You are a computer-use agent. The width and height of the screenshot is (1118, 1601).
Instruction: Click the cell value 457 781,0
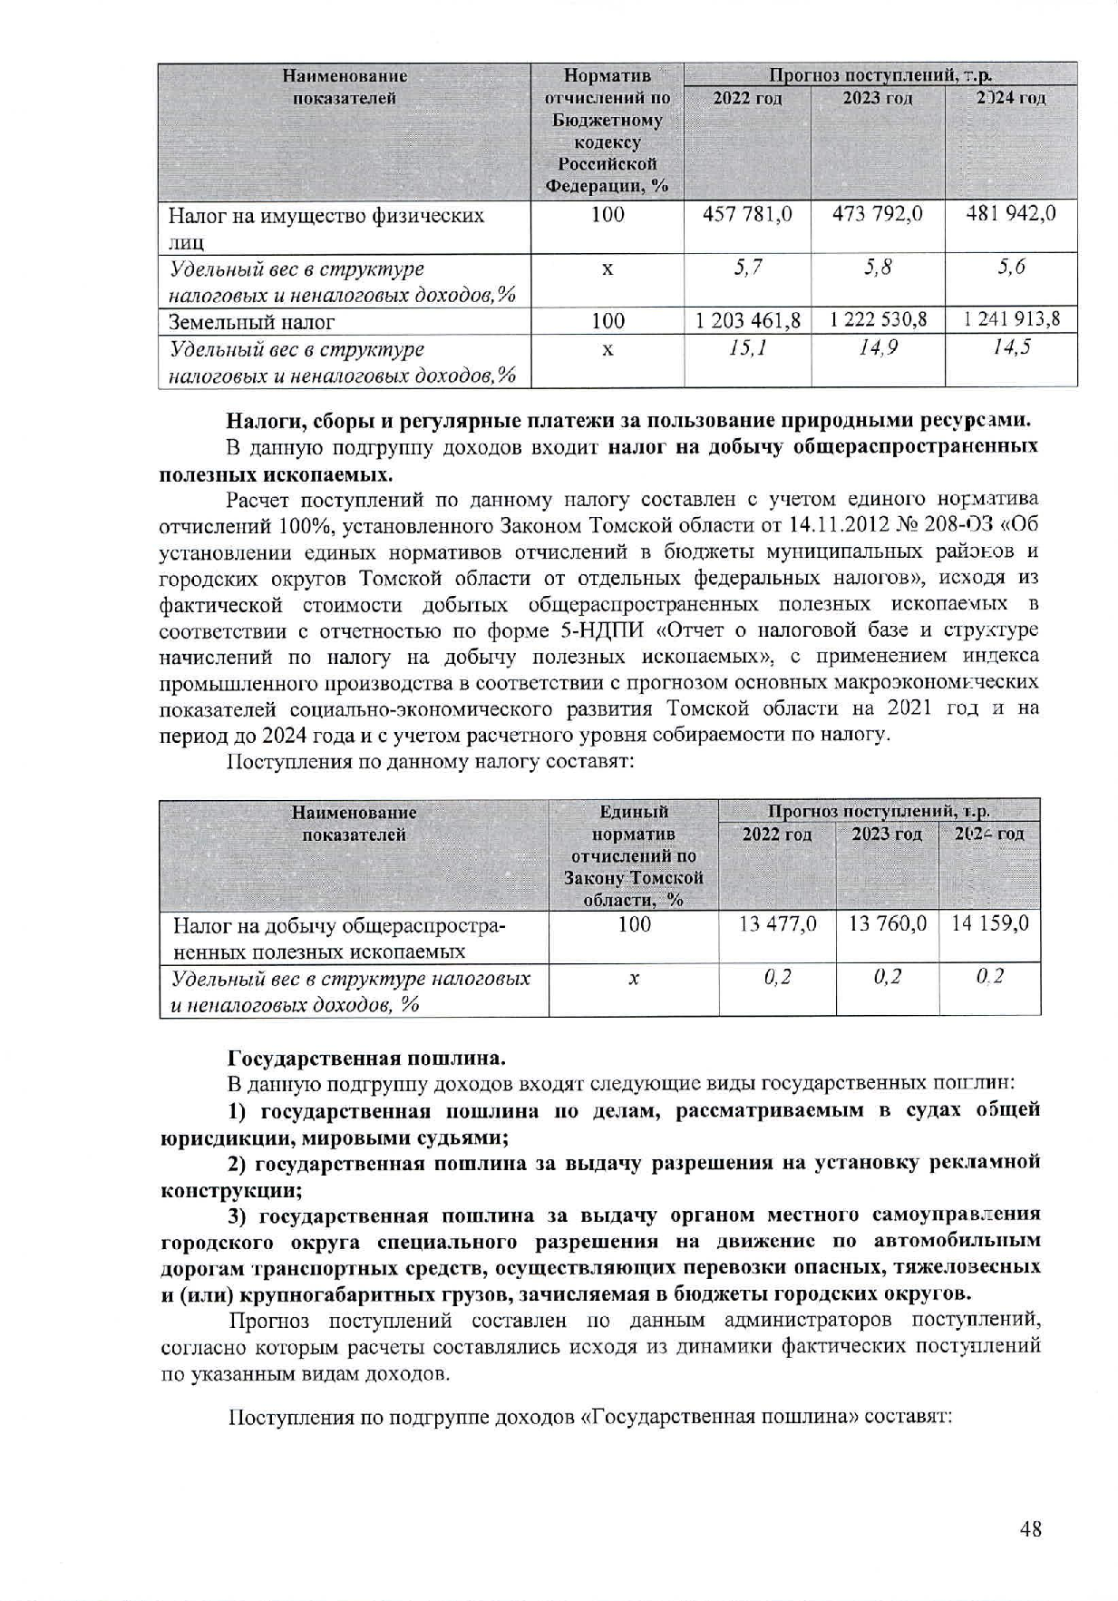tap(747, 214)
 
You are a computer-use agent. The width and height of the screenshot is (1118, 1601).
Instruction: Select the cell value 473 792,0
tap(877, 214)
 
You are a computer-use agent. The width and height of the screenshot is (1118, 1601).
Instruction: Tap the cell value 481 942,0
tap(1011, 214)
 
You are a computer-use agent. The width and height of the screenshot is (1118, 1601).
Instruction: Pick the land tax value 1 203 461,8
tap(747, 320)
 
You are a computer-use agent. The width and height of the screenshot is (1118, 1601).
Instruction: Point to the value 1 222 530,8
tap(878, 319)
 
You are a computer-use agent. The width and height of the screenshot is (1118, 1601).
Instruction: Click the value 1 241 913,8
tap(1011, 319)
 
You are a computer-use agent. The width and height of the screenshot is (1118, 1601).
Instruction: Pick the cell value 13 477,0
tap(777, 923)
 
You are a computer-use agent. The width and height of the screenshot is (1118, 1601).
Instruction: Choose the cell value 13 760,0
tap(887, 923)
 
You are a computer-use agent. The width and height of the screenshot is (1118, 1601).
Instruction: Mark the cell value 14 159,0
tap(989, 923)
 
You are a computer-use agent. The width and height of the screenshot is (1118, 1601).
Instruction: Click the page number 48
tap(1030, 1528)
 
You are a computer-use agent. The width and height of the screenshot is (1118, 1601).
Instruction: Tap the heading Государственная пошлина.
tap(366, 1058)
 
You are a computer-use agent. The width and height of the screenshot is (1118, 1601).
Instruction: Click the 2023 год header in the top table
tap(877, 98)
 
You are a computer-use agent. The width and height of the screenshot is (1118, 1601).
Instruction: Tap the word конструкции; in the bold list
tap(231, 1189)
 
